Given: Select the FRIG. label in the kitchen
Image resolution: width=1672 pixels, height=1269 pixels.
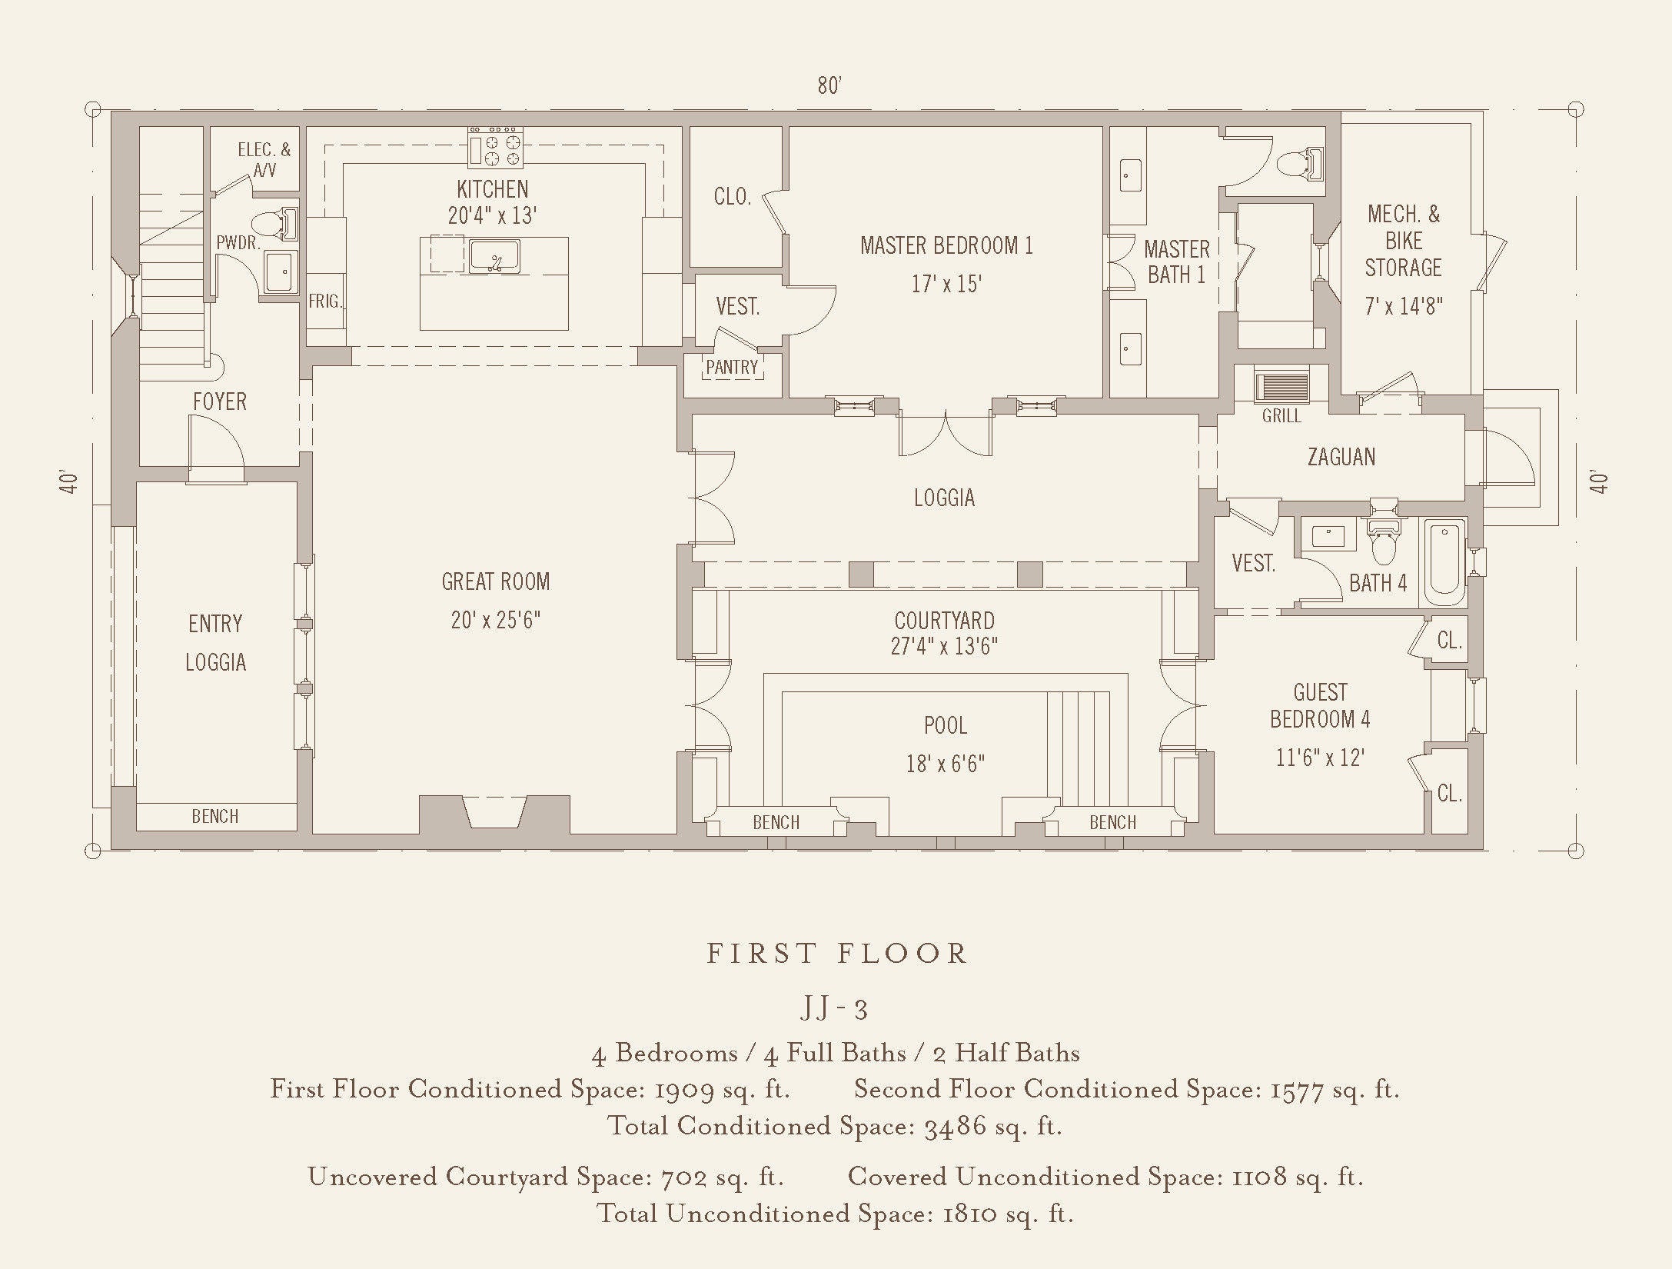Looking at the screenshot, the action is coord(325,301).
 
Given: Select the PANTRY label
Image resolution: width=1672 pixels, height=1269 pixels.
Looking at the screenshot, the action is coord(732,368).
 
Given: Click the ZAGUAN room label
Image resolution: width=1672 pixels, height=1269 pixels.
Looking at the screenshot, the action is coord(1341,457).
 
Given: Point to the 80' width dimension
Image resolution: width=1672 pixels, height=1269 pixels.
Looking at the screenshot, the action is coord(829,85).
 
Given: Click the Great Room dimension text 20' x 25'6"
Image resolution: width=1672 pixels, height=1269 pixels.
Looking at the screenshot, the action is coord(496,620).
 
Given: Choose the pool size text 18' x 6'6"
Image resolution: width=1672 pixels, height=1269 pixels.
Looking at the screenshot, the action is coord(946,764).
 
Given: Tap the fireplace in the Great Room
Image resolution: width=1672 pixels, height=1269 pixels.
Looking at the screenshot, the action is coord(495,814).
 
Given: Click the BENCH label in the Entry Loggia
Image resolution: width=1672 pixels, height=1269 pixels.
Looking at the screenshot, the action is coord(215,816).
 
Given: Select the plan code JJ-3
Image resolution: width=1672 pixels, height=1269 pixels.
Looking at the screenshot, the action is coord(834,1008).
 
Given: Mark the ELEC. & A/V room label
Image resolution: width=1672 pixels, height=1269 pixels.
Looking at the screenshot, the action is coord(264,159).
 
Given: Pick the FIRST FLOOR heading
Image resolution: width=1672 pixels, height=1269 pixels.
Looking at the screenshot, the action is coord(836,954).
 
